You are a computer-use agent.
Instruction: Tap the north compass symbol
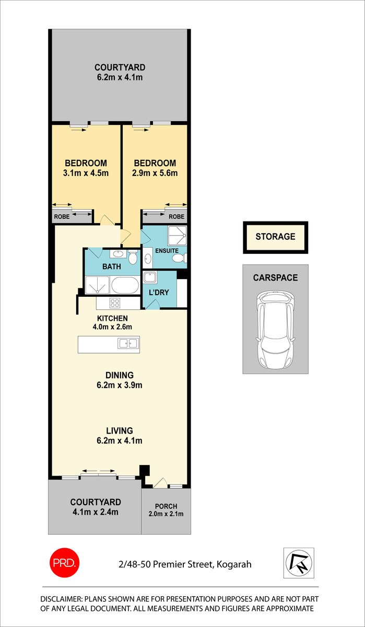click(x=298, y=563)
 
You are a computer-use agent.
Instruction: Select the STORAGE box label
click(x=275, y=237)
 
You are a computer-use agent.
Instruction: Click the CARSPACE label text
click(x=275, y=277)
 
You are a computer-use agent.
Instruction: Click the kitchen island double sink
click(x=128, y=343)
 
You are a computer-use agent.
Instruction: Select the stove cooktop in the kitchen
click(x=115, y=303)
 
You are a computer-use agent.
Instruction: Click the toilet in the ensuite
click(x=179, y=258)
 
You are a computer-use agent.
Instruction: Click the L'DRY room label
click(x=159, y=292)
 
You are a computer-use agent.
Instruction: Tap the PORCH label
click(x=166, y=506)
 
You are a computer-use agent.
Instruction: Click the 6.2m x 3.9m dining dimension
click(x=120, y=385)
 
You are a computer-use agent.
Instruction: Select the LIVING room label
click(x=120, y=431)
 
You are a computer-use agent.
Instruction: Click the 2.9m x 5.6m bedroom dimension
click(x=154, y=173)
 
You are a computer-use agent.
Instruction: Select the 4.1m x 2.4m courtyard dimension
click(x=96, y=512)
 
